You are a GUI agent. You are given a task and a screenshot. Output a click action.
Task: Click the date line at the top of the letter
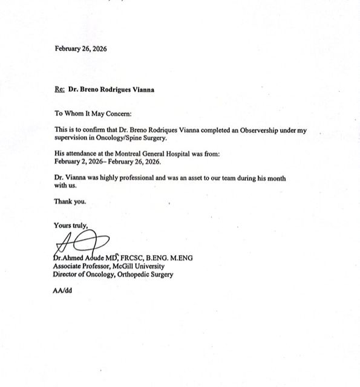coord(80,48)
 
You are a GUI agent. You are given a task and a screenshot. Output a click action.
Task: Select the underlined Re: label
coord(60,89)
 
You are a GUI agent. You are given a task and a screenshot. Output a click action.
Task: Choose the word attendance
coord(82,154)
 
